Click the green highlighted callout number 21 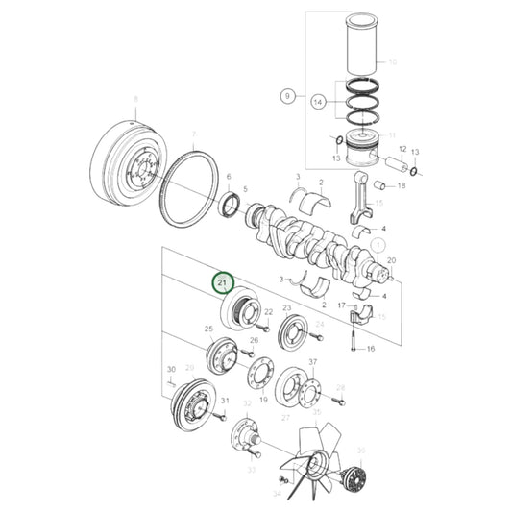(223, 283)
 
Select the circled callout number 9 (286, 96)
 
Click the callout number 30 (170, 369)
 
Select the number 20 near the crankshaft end (391, 260)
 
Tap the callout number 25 (208, 329)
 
